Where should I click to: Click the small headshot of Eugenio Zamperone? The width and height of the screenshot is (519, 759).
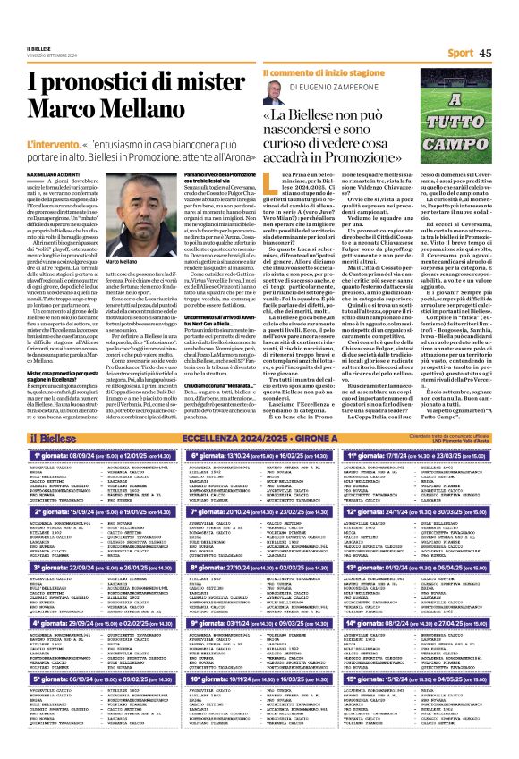click(272, 88)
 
